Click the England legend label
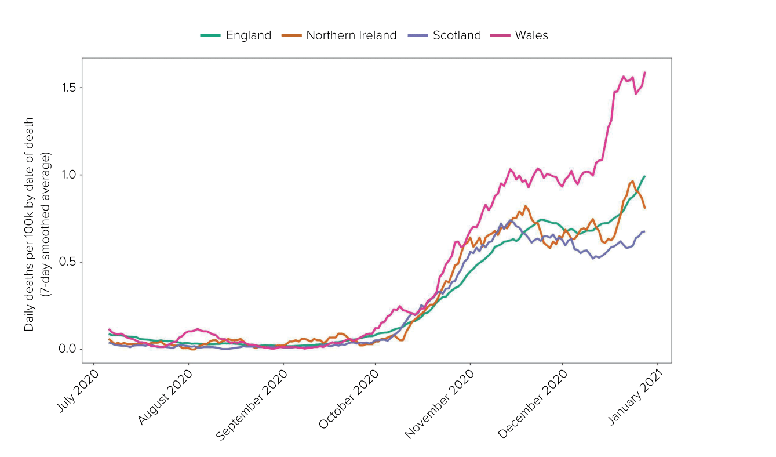click(248, 35)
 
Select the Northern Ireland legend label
click(351, 35)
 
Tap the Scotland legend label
click(457, 35)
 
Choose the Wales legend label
click(531, 35)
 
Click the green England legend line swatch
click(210, 35)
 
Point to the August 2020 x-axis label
click(166, 397)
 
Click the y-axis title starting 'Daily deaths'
click(37, 224)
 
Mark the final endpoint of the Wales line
click(644, 72)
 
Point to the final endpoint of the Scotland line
click(644, 231)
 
